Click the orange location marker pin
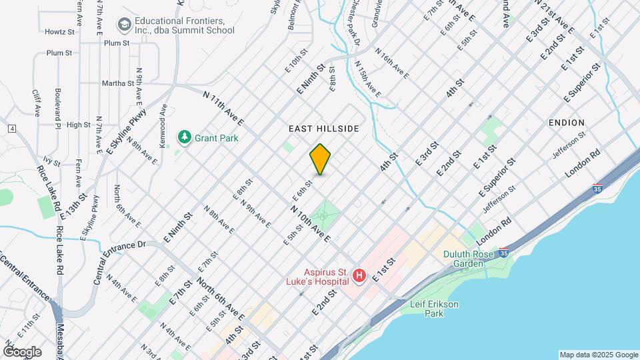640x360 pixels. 321,159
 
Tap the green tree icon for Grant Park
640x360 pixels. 183,137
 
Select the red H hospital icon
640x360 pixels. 359,275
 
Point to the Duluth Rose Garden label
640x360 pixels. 469,259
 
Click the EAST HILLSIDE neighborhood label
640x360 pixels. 324,128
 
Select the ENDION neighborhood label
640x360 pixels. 567,123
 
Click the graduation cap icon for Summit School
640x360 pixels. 124,25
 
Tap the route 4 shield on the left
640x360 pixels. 12,128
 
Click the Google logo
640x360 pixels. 22,351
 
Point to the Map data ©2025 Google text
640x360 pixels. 598,355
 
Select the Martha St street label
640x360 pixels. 118,83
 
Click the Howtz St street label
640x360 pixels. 59,31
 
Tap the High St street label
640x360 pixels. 78,125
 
